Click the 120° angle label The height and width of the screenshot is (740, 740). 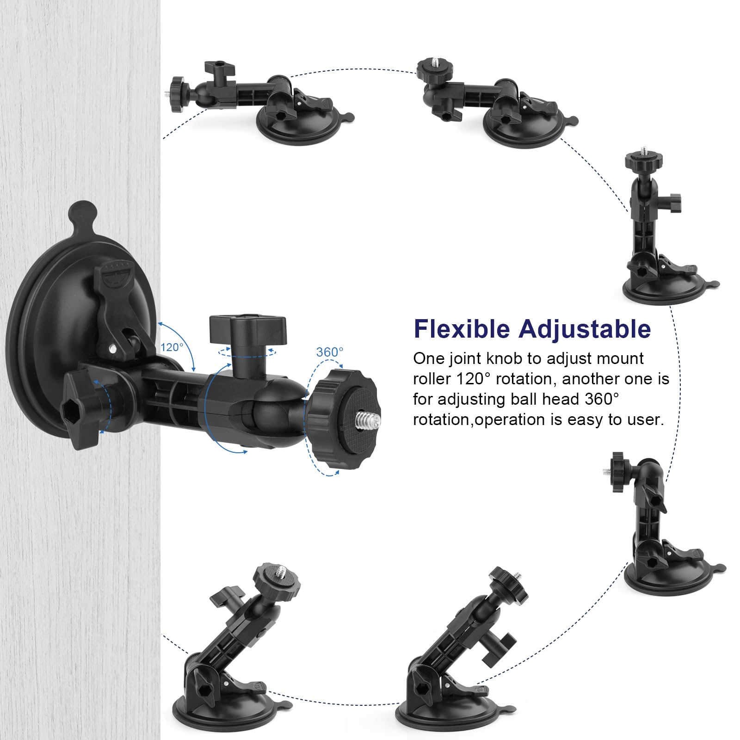coord(172,347)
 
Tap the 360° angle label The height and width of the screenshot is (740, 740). coord(330,352)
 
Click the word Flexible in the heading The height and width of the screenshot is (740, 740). coord(462,329)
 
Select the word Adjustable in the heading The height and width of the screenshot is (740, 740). coord(585,329)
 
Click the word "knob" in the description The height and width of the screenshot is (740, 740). coord(507,358)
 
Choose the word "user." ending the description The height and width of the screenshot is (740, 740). coord(647,419)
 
